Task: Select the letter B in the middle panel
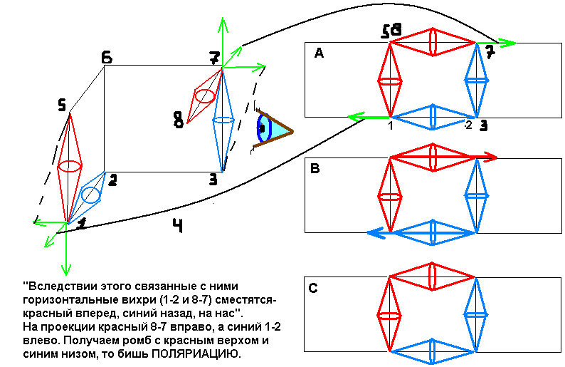tap(315, 169)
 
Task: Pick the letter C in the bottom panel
tap(313, 289)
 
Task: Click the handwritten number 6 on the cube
tap(106, 57)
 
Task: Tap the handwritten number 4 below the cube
tap(178, 226)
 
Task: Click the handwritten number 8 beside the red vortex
tap(178, 121)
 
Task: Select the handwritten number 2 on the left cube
tap(112, 180)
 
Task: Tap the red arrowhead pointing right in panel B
tap(490, 157)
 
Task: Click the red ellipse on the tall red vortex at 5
tap(69, 167)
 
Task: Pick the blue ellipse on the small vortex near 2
tap(90, 195)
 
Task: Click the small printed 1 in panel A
tap(391, 125)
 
